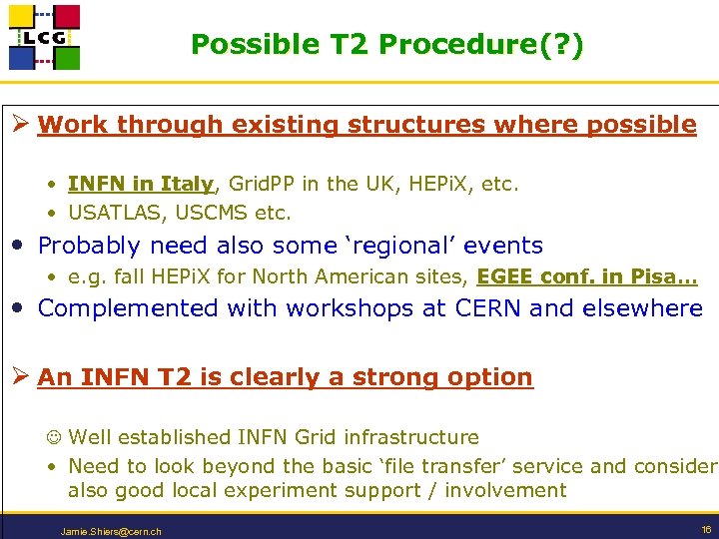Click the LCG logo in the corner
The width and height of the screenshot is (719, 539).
tap(44, 37)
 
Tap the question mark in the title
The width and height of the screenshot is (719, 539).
tap(560, 45)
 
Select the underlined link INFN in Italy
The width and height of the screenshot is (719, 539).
tap(141, 184)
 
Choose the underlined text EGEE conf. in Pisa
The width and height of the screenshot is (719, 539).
tap(587, 276)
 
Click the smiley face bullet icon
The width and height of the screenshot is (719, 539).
tap(54, 437)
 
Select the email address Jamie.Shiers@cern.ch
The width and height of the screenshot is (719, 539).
tap(111, 530)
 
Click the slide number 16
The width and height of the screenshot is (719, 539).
tap(706, 528)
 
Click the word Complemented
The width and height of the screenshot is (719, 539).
tap(129, 308)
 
